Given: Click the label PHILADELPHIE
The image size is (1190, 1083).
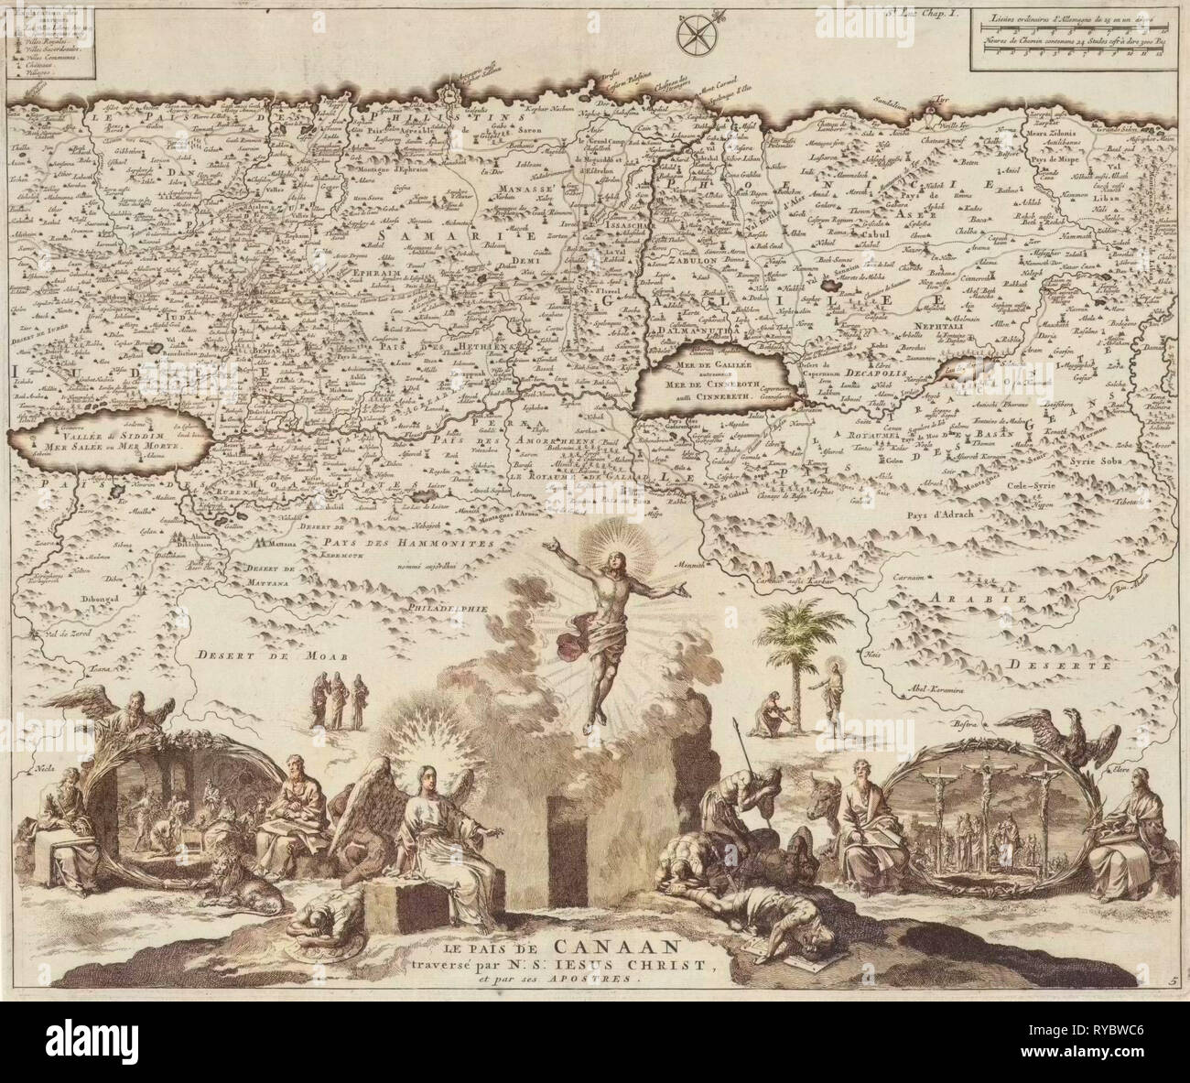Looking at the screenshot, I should coord(446,607).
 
